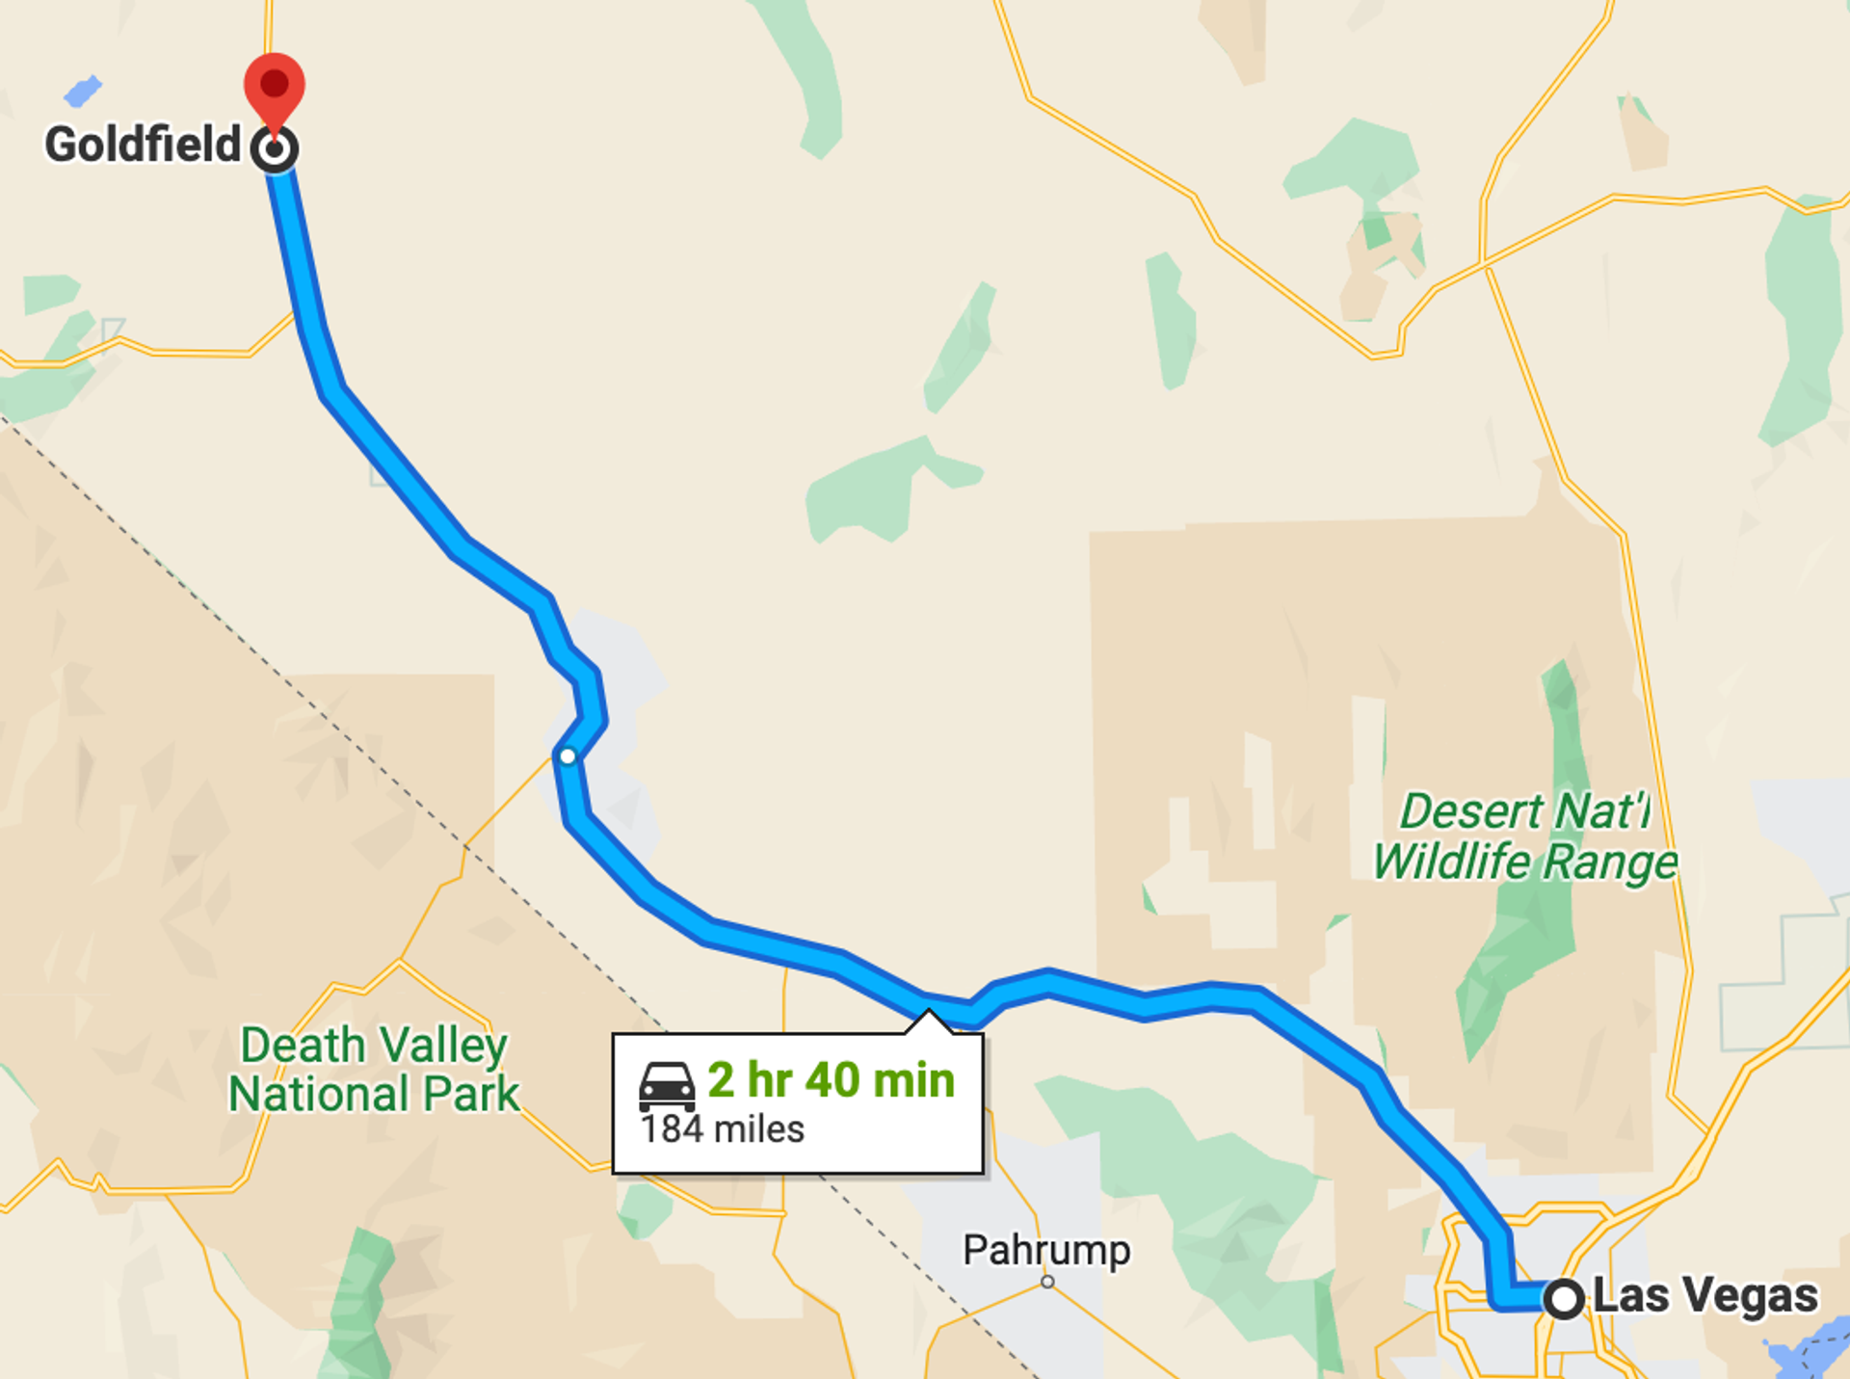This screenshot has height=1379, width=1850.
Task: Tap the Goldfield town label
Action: tap(143, 146)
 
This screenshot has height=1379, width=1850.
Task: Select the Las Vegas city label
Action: tap(1705, 1295)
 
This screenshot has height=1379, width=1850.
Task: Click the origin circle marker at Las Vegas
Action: tap(1563, 1298)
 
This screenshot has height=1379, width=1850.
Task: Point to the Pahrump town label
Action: tap(1046, 1250)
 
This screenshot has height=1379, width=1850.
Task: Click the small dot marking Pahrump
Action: tap(1047, 1282)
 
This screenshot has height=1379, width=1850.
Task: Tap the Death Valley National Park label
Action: tap(374, 1070)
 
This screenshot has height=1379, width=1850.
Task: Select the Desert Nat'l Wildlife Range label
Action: tap(1525, 836)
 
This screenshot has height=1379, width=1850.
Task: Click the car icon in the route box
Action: tap(667, 1086)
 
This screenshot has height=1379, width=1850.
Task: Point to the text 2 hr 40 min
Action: tap(831, 1080)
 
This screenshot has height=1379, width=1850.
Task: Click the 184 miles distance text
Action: tap(723, 1129)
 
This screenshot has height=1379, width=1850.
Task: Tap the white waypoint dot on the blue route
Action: tap(568, 756)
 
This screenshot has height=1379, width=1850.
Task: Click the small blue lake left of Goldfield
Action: tap(83, 92)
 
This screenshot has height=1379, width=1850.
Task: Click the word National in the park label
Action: tap(319, 1095)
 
